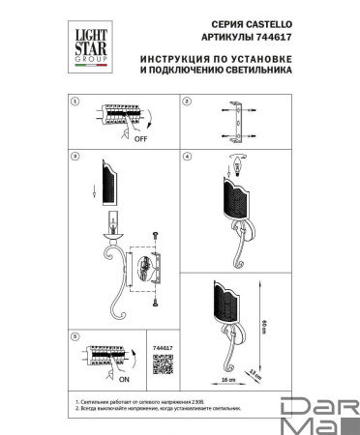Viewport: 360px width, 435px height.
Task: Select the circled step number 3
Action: point(75,154)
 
